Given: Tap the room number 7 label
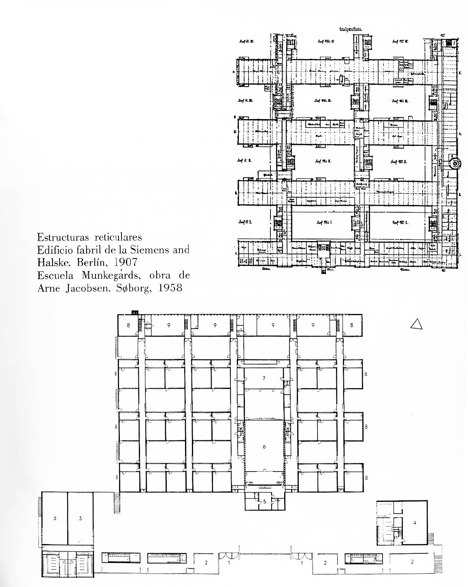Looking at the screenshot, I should tap(264, 378).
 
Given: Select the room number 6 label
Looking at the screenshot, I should tap(264, 446).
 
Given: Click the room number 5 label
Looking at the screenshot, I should tap(265, 502).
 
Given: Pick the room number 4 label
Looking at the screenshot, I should tap(415, 523).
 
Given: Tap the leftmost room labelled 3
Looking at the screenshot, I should tap(53, 518).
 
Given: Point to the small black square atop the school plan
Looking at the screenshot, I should tap(134, 312).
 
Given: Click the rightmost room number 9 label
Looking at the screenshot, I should tap(313, 325).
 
